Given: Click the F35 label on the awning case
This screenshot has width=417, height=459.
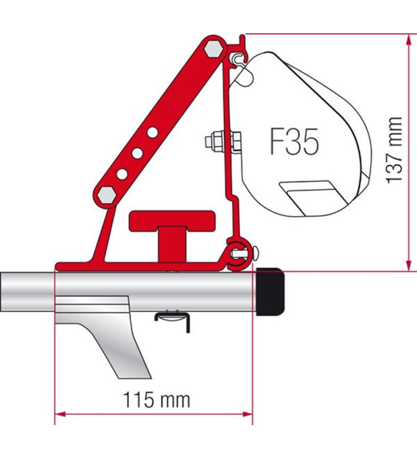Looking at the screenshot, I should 294,142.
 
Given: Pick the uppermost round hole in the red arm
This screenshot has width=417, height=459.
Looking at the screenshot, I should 152,133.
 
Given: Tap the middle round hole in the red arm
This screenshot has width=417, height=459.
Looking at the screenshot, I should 137,153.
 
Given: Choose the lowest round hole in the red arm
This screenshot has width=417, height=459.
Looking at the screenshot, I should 123,173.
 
